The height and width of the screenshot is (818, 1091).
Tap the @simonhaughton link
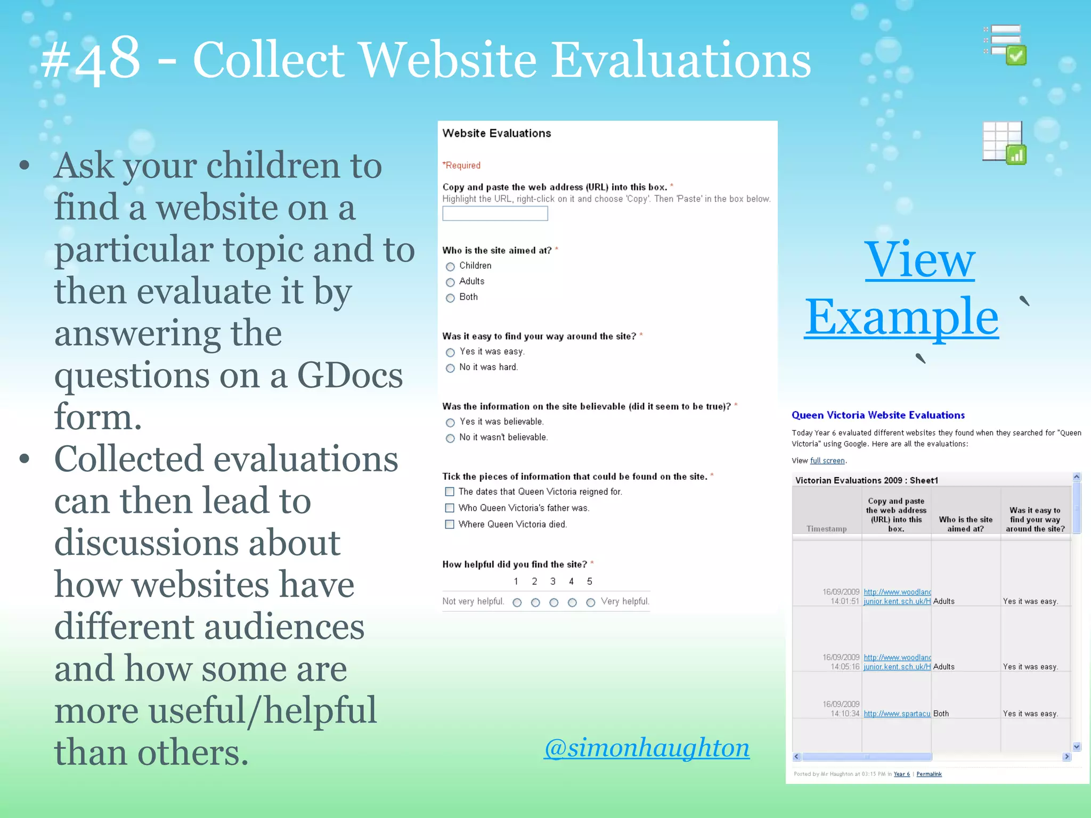pyautogui.click(x=646, y=748)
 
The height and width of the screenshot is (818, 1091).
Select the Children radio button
pyautogui.click(x=450, y=266)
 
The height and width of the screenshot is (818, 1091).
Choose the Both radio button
pyautogui.click(x=450, y=298)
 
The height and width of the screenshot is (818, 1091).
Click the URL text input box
pyautogui.click(x=495, y=214)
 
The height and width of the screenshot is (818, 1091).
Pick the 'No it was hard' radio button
pyautogui.click(x=450, y=368)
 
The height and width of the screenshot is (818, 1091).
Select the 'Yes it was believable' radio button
pyautogui.click(x=450, y=422)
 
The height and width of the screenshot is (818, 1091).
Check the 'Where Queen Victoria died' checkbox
pyautogui.click(x=450, y=524)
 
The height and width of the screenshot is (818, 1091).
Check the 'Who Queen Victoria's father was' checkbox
pyautogui.click(x=450, y=508)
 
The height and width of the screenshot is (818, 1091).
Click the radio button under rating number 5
pyautogui.click(x=590, y=602)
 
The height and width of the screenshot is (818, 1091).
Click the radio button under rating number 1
pyautogui.click(x=517, y=602)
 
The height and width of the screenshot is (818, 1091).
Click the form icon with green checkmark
pyautogui.click(x=1005, y=45)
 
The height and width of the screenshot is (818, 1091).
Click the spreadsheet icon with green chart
pyautogui.click(x=1004, y=142)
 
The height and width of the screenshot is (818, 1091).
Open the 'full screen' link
pyautogui.click(x=827, y=461)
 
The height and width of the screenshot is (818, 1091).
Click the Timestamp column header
pyautogui.click(x=826, y=529)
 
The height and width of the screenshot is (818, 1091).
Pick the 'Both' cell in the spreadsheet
pyautogui.click(x=941, y=714)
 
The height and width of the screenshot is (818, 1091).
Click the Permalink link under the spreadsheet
pyautogui.click(x=929, y=774)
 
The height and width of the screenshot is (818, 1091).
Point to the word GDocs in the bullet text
pyautogui.click(x=349, y=375)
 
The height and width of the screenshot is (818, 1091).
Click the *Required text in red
pyautogui.click(x=461, y=166)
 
